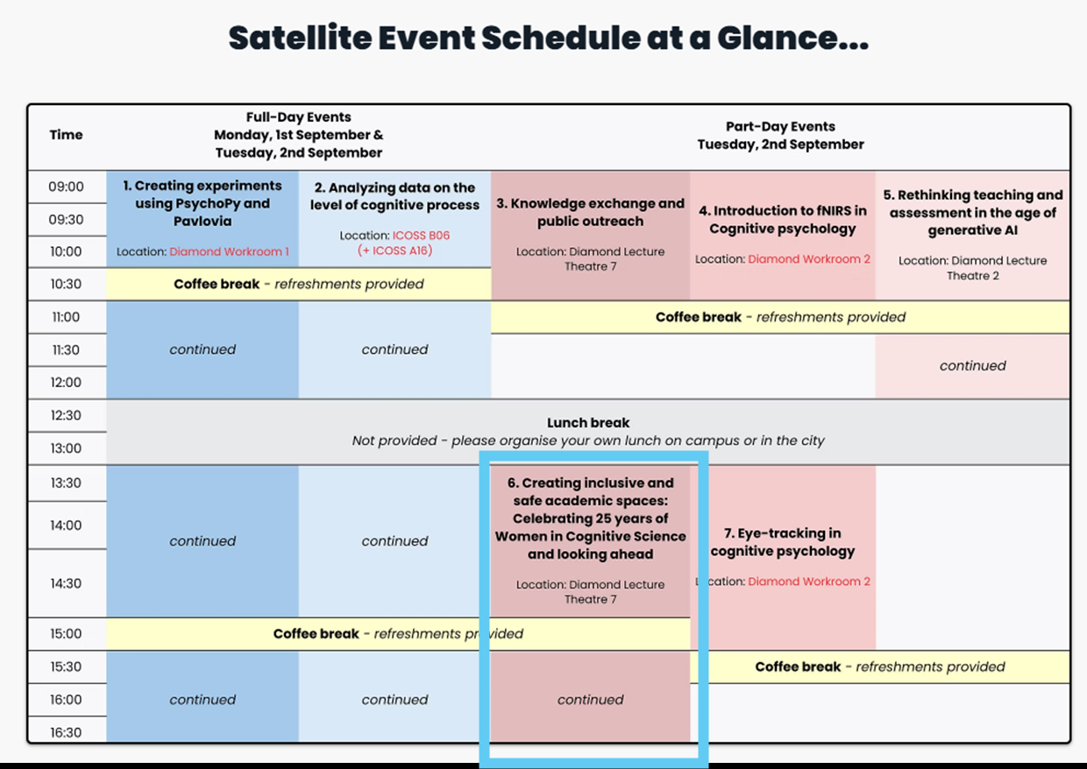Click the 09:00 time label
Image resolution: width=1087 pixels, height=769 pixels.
pyautogui.click(x=66, y=187)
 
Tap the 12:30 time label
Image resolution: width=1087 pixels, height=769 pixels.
pyautogui.click(x=66, y=415)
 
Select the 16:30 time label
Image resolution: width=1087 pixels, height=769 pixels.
pyautogui.click(x=66, y=732)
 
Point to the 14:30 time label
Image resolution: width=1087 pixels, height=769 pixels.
pyautogui.click(x=66, y=583)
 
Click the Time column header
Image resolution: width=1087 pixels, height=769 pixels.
pyautogui.click(x=66, y=135)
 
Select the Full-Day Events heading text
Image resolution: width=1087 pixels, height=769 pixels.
pyautogui.click(x=298, y=117)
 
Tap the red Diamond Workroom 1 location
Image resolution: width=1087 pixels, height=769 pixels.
pyautogui.click(x=229, y=251)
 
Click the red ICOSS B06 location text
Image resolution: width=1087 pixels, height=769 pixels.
pyautogui.click(x=421, y=236)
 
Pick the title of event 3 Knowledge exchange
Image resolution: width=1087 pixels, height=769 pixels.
pyautogui.click(x=590, y=212)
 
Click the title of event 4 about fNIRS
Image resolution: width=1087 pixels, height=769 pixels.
pyautogui.click(x=782, y=220)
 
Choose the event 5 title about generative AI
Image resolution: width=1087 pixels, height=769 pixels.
pyautogui.click(x=972, y=212)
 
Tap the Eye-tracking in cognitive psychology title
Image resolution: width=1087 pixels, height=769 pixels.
pyautogui.click(x=782, y=542)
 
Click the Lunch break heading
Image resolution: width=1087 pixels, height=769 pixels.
pyautogui.click(x=588, y=423)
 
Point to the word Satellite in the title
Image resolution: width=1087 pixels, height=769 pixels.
pyautogui.click(x=300, y=38)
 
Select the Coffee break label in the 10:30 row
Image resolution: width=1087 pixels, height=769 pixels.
pyautogui.click(x=217, y=284)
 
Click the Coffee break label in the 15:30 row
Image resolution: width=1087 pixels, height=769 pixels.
pyautogui.click(x=798, y=667)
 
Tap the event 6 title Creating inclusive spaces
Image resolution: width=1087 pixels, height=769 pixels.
pyautogui.click(x=590, y=519)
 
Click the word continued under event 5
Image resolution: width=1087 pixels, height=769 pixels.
pyautogui.click(x=972, y=365)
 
